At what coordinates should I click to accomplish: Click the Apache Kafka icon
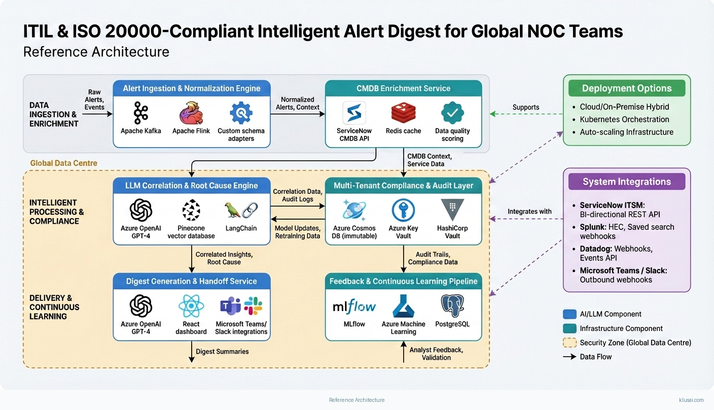coord(140,113)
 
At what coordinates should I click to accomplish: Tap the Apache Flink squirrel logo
coord(191,113)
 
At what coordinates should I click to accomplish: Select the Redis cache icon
coord(404,113)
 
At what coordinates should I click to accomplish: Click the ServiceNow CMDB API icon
coord(354,113)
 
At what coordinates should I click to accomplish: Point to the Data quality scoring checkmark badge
coord(452,113)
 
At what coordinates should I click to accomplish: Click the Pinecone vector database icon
coord(191,210)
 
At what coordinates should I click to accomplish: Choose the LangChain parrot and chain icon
coord(241,210)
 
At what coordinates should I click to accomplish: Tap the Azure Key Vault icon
coord(403,210)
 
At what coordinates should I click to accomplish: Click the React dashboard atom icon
coord(191,306)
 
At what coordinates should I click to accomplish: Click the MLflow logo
coord(354,306)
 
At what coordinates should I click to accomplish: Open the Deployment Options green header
coord(627,88)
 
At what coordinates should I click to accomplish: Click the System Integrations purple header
coord(627,182)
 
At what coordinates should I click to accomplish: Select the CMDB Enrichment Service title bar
coord(403,88)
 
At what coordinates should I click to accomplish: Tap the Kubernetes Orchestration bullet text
coord(624,119)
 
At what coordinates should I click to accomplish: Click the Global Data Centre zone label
coord(63,163)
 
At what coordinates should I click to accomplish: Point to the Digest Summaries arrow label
coord(222,351)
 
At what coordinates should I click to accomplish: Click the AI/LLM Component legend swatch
coord(569,314)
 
